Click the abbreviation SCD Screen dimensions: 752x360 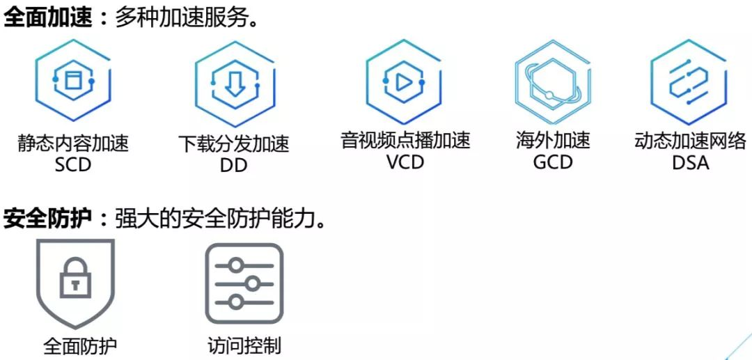coord(72,165)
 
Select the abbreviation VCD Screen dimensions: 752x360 coord(405,162)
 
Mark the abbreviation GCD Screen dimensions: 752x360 coord(552,162)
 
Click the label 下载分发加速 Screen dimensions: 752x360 coord(233,145)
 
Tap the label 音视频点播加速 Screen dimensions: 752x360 coord(405,141)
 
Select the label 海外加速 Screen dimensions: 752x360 coord(552,141)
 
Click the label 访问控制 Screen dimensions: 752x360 coord(244,345)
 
